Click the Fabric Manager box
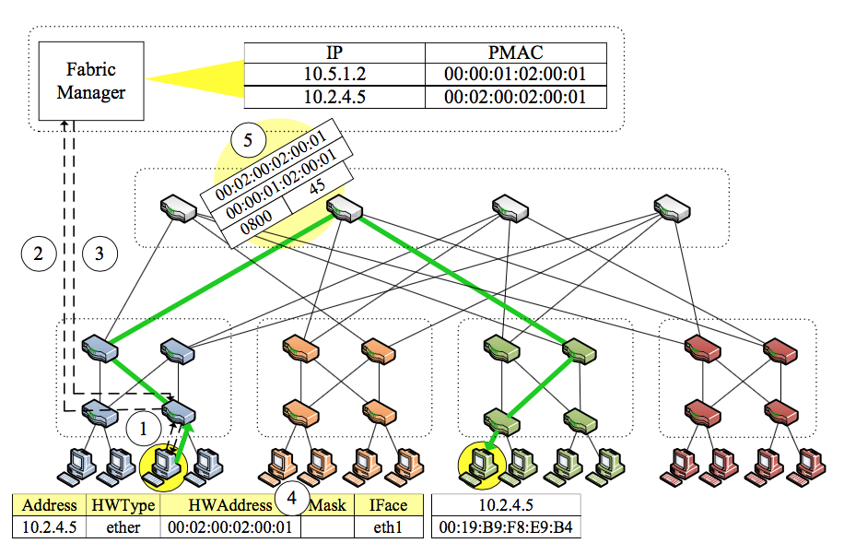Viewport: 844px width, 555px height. tap(91, 81)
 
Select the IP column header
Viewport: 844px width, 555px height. tap(334, 53)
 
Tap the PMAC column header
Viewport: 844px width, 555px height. tap(515, 53)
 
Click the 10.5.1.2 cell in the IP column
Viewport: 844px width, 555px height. tap(334, 75)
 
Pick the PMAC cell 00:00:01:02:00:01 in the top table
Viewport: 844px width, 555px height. tap(515, 75)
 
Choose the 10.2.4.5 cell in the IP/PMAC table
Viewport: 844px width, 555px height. tap(334, 97)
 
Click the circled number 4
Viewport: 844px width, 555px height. tap(292, 499)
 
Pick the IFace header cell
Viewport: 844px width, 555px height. tap(388, 505)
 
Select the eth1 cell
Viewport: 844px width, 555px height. tap(388, 527)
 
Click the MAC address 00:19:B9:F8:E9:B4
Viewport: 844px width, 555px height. tap(507, 527)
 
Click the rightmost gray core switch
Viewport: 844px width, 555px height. tap(671, 207)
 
